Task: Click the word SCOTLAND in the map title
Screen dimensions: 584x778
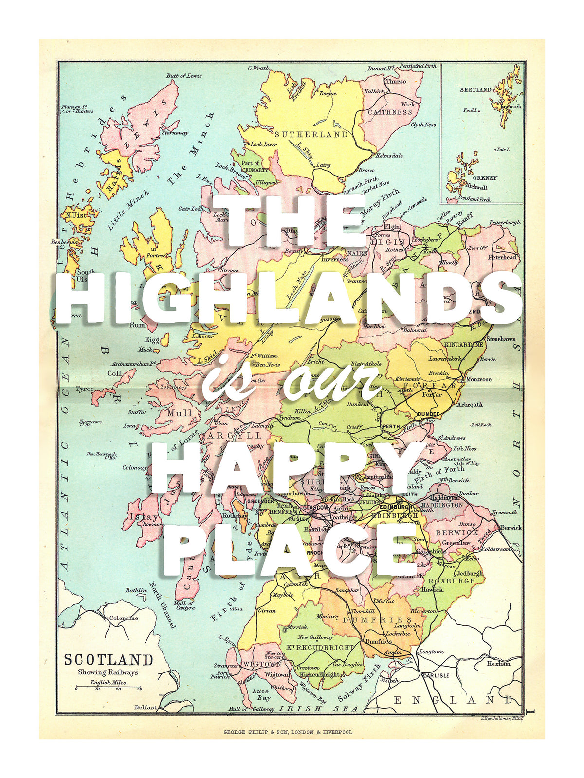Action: pyautogui.click(x=109, y=660)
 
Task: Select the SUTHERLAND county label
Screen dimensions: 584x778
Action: pyautogui.click(x=311, y=134)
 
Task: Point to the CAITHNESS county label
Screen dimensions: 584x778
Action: pyautogui.click(x=390, y=112)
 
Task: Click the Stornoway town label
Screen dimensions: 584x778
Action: pyautogui.click(x=175, y=132)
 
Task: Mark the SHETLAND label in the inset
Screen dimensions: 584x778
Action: pyautogui.click(x=475, y=90)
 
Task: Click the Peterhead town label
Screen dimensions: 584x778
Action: pyautogui.click(x=503, y=257)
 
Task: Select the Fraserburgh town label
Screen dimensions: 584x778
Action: pyautogui.click(x=504, y=222)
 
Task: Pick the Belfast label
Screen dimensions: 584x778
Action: pyautogui.click(x=146, y=707)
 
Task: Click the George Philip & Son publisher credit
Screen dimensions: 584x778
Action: pyautogui.click(x=289, y=732)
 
